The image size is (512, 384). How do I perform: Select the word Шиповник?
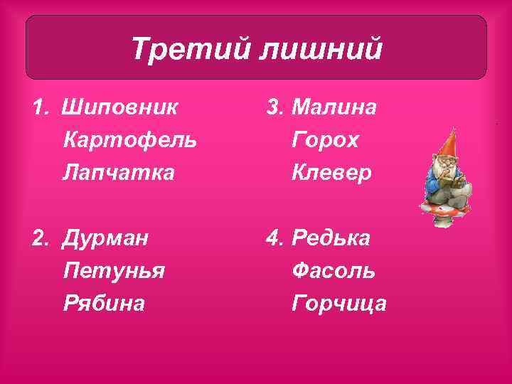click(120, 107)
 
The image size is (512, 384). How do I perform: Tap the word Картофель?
click(130, 139)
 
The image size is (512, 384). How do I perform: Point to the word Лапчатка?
click(118, 172)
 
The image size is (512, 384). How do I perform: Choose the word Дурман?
click(106, 238)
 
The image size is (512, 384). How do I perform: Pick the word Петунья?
click(114, 270)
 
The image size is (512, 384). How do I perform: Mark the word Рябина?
click(104, 303)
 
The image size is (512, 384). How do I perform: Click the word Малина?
click(334, 107)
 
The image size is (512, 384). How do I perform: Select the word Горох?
click(325, 139)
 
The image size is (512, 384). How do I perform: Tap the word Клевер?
click(331, 172)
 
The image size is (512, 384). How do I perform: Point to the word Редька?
click(331, 238)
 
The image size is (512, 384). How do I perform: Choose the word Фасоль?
click(334, 270)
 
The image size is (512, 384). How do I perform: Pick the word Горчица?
click(339, 303)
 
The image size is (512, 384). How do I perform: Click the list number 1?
click(39, 107)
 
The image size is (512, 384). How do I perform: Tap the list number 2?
click(39, 238)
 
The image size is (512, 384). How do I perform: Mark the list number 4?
click(274, 238)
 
